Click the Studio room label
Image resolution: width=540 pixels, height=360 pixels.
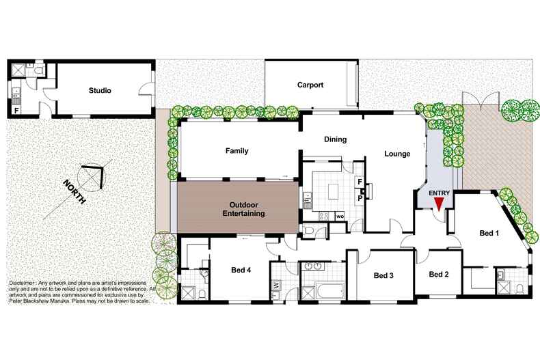[100, 90]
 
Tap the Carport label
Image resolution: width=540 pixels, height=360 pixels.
[310, 85]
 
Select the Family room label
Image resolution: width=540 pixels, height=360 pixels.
[237, 151]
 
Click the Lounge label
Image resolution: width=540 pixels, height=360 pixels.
[397, 154]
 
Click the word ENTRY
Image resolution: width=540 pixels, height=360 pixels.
[439, 193]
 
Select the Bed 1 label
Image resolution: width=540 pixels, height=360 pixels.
[488, 234]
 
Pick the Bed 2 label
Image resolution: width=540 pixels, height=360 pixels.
[439, 275]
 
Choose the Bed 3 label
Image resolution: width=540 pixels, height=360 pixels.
[384, 276]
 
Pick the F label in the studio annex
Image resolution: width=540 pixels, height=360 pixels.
[16, 109]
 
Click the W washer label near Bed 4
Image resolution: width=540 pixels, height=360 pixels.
[275, 284]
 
